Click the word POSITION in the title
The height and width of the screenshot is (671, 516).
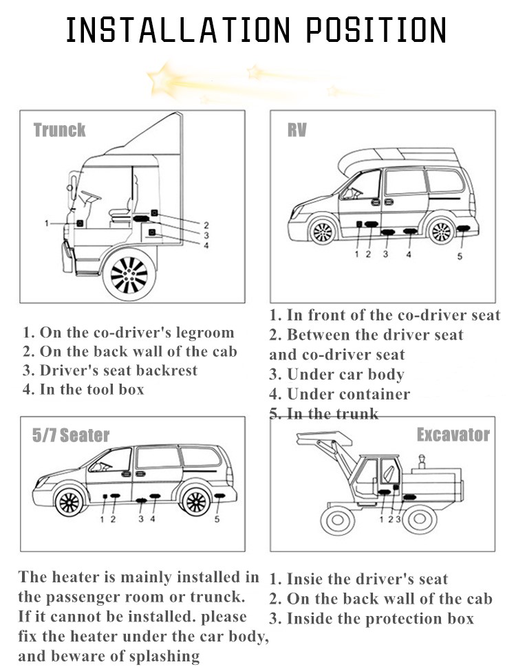point(376,30)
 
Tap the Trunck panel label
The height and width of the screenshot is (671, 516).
point(60,130)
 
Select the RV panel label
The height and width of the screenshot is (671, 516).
point(297,130)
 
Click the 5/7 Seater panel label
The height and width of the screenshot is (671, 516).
point(71,435)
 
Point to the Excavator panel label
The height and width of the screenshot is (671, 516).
point(453,434)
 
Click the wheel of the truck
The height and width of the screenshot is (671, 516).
point(129,276)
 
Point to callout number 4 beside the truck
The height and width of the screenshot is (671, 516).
point(206,245)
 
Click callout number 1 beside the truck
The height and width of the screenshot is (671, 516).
point(46,223)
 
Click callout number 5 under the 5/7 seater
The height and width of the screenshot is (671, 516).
point(217,519)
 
